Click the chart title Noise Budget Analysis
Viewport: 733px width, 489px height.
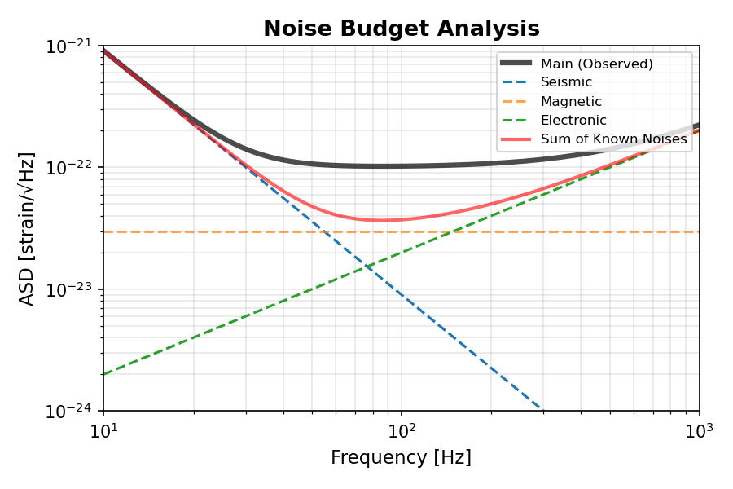(x=401, y=29)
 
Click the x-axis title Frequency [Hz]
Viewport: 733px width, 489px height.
(x=401, y=458)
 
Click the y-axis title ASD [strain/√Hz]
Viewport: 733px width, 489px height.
(x=27, y=228)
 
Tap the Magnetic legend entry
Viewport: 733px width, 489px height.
(x=571, y=102)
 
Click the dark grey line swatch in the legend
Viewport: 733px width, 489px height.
(x=516, y=64)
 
